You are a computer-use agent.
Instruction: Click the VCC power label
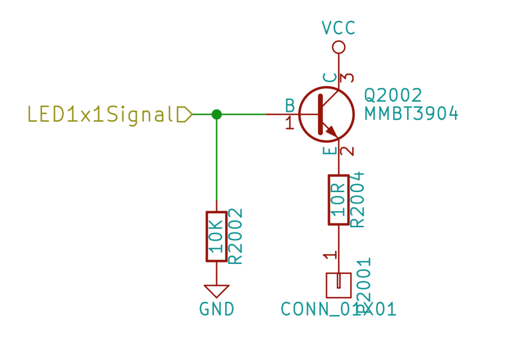click(x=339, y=28)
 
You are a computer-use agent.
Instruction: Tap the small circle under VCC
click(x=339, y=48)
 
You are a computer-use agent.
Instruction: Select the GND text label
click(x=216, y=309)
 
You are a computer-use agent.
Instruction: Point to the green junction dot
click(x=216, y=114)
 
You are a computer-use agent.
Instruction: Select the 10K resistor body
click(x=216, y=237)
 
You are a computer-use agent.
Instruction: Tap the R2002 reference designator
click(x=236, y=237)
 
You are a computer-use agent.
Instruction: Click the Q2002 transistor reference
click(x=393, y=95)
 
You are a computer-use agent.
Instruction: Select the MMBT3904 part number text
click(x=411, y=114)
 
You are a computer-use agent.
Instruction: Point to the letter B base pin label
click(x=290, y=105)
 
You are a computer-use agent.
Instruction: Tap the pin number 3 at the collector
click(x=349, y=78)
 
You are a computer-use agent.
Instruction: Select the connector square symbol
click(x=339, y=285)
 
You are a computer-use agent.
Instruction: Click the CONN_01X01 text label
click(x=339, y=309)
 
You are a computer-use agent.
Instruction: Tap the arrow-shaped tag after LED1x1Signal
click(x=185, y=114)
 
